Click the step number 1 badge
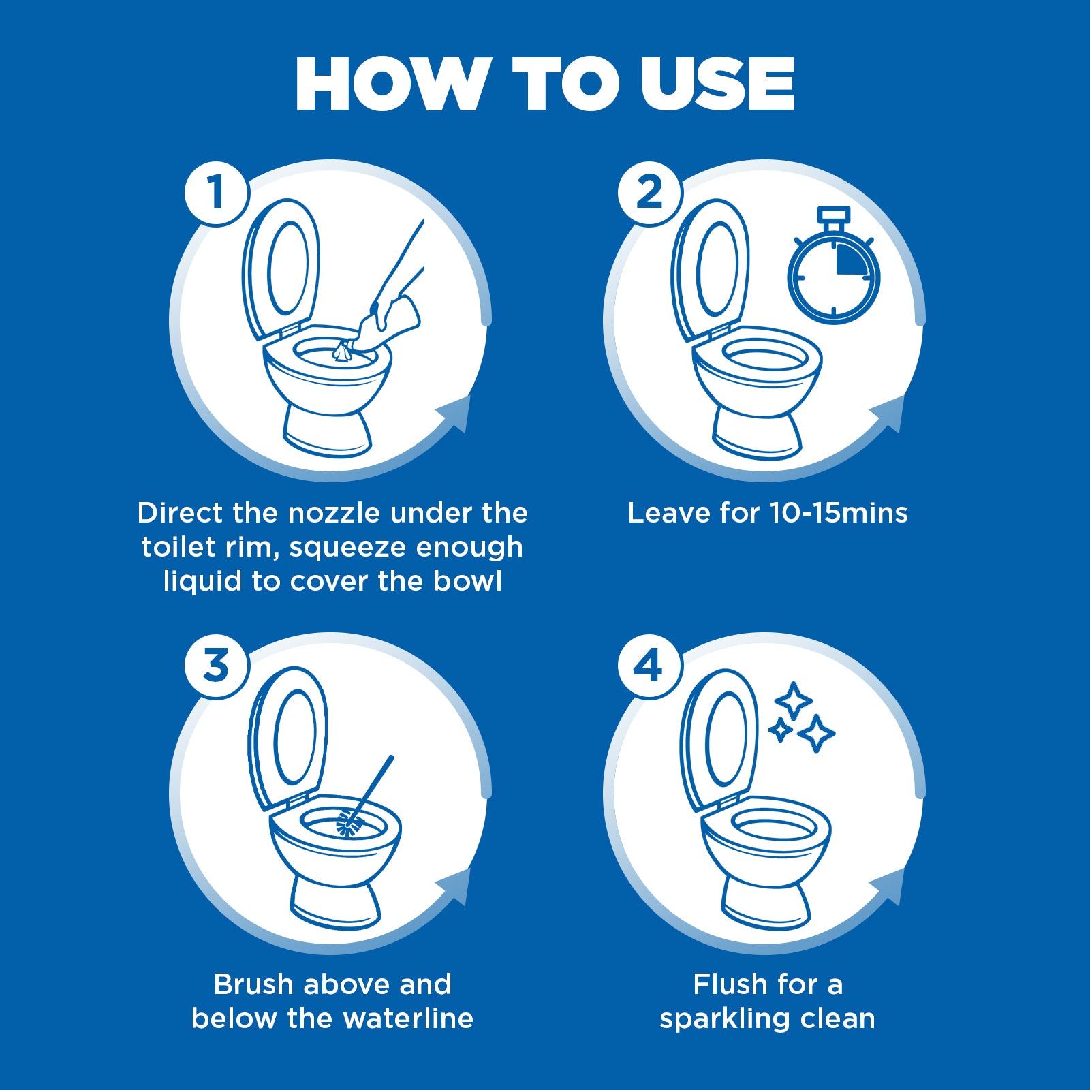coord(217,193)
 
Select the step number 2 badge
coord(650,193)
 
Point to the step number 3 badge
coord(217,666)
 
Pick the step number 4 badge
coord(650,666)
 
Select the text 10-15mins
coord(839,513)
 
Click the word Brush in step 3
coord(253,984)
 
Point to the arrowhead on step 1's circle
coord(455,413)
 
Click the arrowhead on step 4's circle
coord(888,886)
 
